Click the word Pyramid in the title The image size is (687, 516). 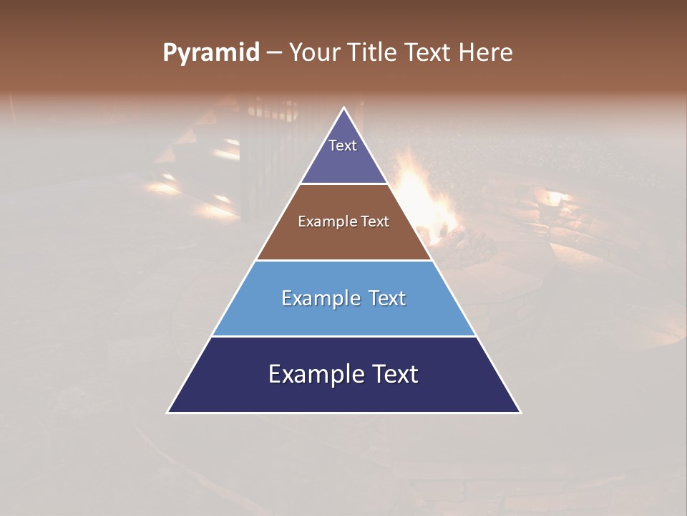click(x=210, y=53)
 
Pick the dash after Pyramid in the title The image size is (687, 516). click(x=273, y=53)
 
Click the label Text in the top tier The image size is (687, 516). click(x=343, y=145)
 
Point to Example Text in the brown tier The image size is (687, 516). click(x=343, y=221)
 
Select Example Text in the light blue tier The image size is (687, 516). click(x=343, y=298)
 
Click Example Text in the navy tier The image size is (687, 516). click(x=343, y=374)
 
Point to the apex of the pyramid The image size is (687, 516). click(x=344, y=109)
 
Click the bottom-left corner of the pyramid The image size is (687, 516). click(x=169, y=411)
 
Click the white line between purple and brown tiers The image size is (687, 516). click(x=343, y=183)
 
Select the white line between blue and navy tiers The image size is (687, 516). click(x=343, y=336)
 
